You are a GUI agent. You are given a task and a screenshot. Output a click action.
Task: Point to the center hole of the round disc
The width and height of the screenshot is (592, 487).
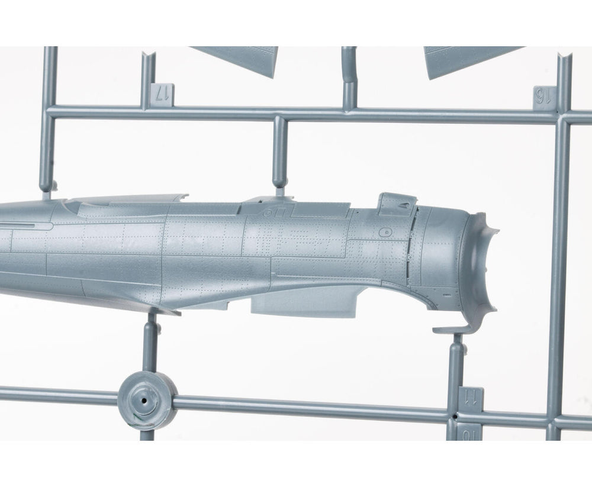point(144,401)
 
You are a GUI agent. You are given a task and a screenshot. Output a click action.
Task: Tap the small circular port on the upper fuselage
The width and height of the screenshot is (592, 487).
point(268,213)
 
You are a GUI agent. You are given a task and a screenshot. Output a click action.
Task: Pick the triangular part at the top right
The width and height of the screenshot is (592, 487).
point(468,60)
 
